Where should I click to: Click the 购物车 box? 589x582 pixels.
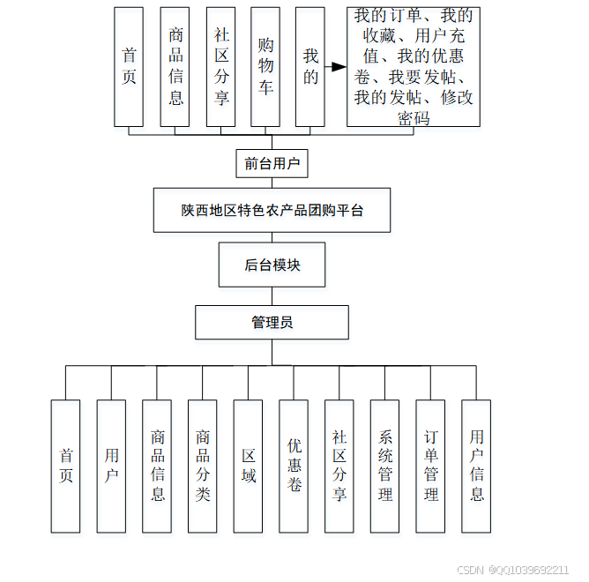265,66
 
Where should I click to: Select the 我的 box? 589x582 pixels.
310,66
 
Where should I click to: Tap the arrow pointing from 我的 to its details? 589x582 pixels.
335,67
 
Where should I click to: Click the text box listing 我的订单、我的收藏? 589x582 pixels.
413,67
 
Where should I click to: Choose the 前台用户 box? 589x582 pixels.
272,164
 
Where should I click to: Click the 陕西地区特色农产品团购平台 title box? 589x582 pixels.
272,210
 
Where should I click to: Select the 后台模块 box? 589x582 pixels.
272,265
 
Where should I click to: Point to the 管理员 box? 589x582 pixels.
272,322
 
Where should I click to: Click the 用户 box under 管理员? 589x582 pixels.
111,466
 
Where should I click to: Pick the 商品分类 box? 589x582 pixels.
203,466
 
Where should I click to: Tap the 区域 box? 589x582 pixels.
249,466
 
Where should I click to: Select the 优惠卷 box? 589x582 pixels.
294,466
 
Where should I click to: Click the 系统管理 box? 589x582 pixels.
384,466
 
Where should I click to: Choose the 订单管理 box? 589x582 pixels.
430,466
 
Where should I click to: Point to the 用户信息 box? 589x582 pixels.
476,466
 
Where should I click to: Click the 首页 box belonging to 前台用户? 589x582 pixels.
130,66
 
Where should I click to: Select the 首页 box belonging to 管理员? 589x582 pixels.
65,466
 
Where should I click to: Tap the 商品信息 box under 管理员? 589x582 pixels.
157,466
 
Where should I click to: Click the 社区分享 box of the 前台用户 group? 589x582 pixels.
220,66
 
